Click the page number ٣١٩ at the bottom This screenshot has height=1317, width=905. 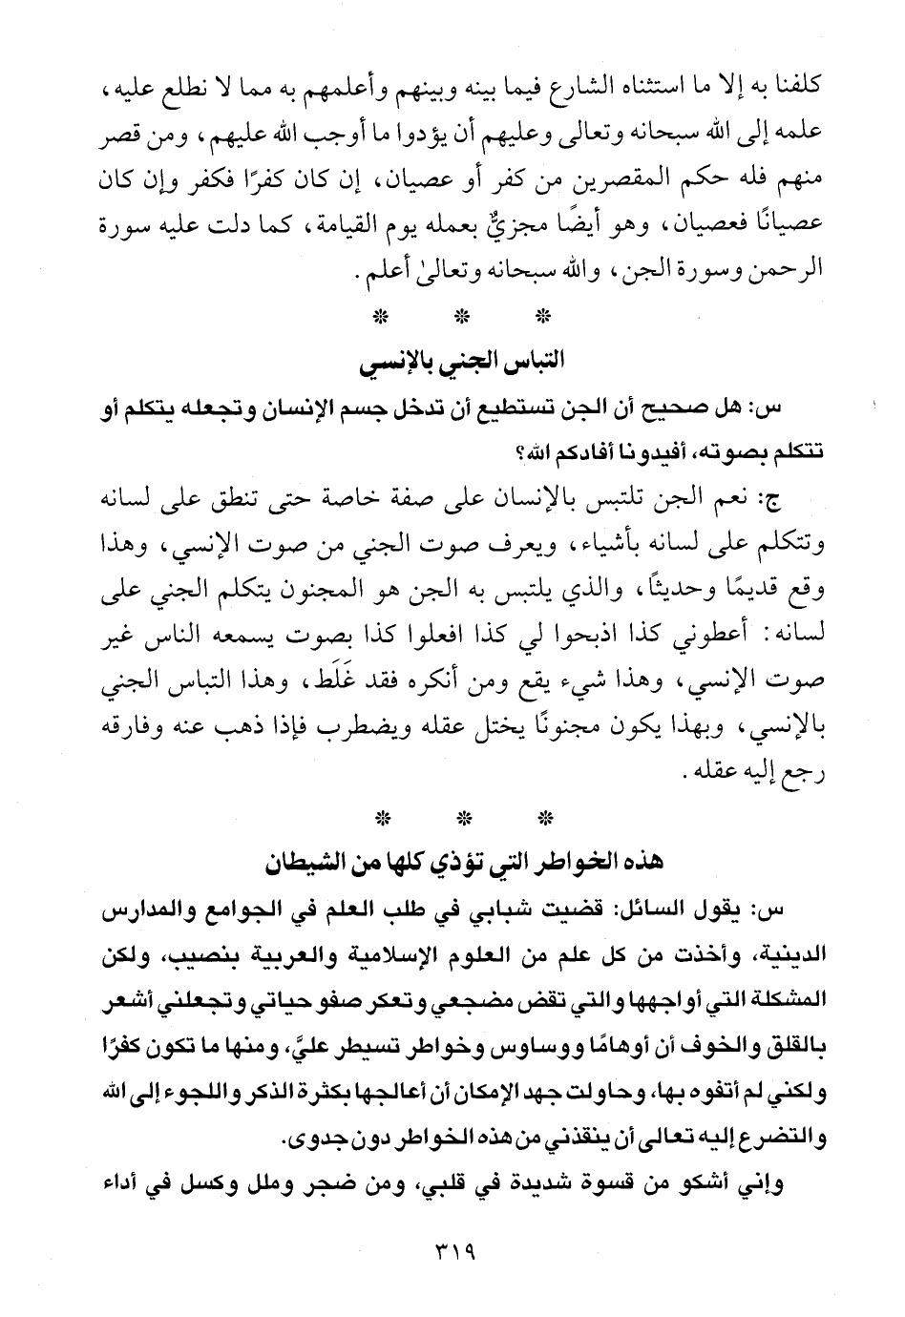click(452, 1248)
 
